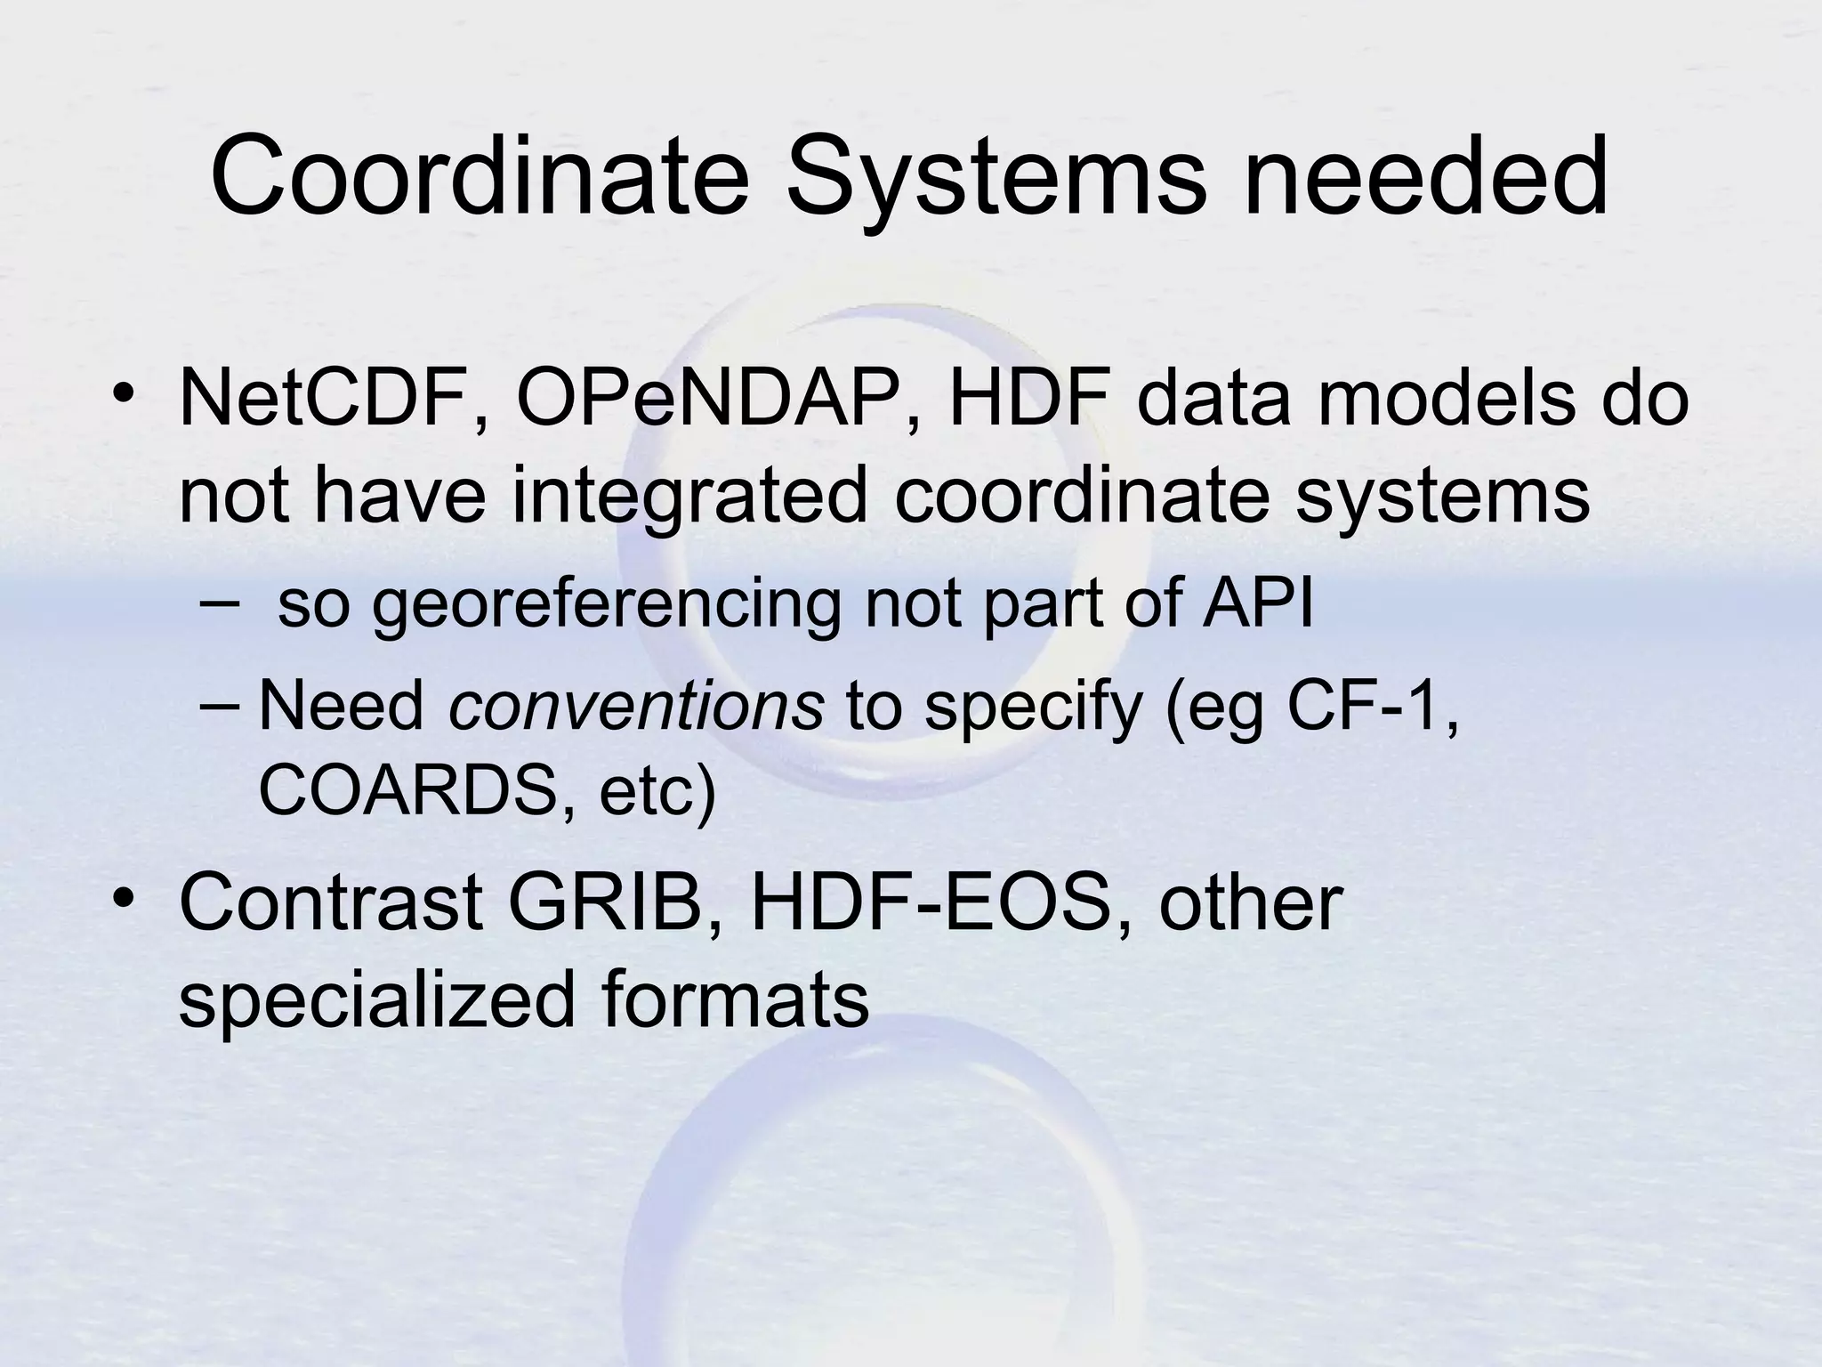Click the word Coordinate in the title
pos(480,176)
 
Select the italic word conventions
pos(637,706)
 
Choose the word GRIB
pos(614,903)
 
